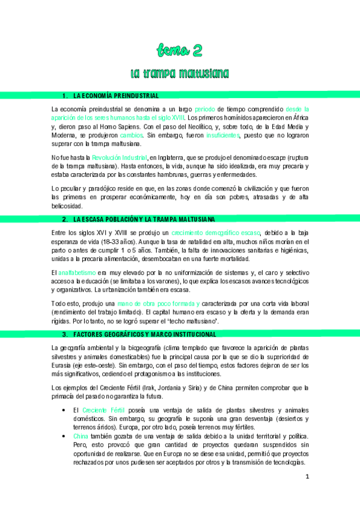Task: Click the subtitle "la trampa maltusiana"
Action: pos(180,73)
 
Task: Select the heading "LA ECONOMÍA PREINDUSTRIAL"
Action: pos(115,96)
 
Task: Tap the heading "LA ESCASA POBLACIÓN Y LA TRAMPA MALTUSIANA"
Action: pos(144,219)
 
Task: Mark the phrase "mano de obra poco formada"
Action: pos(158,305)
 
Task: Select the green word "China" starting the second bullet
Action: pos(81,436)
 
